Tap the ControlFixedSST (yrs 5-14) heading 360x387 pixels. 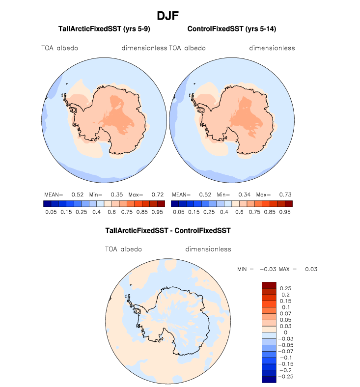231,29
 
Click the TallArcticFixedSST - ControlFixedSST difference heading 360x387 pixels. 168,230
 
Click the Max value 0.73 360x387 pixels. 285,194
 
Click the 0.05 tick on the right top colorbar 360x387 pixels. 178,212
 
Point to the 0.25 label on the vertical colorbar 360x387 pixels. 285,288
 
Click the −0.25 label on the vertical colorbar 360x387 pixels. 287,376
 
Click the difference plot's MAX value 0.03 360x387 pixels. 311,269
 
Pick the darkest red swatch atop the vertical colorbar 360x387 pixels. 269,285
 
